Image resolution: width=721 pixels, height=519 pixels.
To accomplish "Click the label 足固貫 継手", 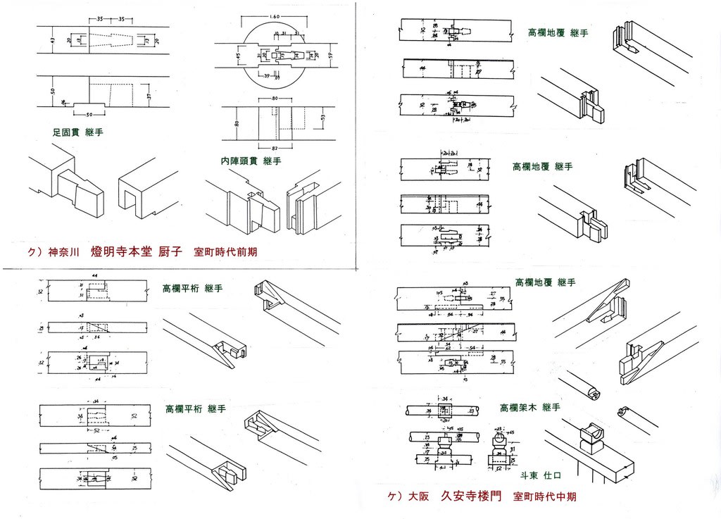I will pos(77,132).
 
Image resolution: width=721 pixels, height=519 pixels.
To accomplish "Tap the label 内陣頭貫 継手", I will pos(251,161).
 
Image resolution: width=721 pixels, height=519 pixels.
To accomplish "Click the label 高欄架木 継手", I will pos(529,408).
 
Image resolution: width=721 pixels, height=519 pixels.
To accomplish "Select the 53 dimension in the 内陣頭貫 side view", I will pos(322,116).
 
